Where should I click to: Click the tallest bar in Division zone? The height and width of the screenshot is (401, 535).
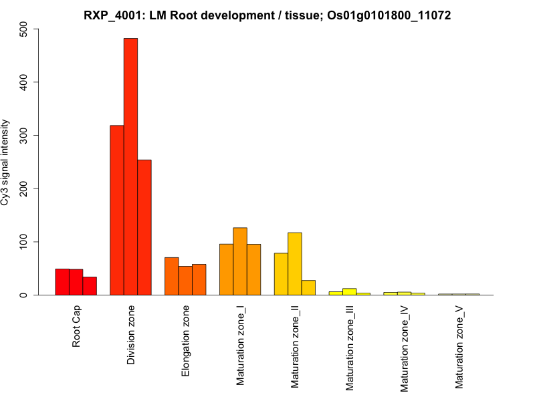130,166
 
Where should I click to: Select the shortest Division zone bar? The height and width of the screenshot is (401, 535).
144,227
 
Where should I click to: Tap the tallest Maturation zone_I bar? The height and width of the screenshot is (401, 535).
240,261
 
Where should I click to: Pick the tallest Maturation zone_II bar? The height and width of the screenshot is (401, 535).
295,263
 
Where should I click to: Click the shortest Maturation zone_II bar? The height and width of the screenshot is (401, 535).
308,287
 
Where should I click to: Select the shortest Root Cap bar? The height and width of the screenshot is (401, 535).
90,286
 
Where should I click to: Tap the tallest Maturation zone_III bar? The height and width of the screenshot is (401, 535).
349,291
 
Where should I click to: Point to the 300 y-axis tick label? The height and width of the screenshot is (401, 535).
25,136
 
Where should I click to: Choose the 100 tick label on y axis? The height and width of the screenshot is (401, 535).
25,242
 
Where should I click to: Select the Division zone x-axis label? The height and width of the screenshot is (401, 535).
131,335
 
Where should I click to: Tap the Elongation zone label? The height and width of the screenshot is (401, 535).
186,341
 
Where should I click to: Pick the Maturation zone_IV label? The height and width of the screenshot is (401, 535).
405,348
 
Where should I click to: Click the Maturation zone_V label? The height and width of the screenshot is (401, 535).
459,347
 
